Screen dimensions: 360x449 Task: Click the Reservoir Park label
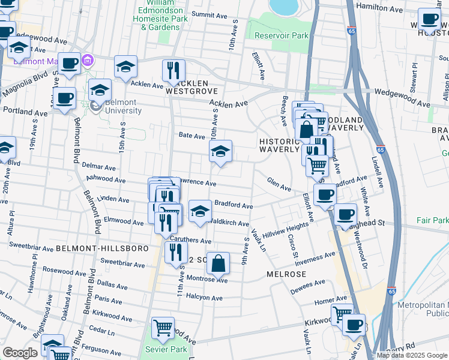coord(282,35)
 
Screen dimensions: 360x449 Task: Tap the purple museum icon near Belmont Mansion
coord(88,61)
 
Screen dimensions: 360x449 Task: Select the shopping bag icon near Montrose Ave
coord(220,262)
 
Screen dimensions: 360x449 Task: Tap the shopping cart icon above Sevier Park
coord(163,328)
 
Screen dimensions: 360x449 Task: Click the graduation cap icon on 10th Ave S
coord(221,151)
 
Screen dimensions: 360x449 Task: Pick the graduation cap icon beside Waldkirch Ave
coord(200,211)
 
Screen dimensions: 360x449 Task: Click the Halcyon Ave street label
coord(205,298)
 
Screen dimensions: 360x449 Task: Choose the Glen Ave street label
coord(279,184)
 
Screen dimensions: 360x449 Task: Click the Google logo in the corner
coord(20,353)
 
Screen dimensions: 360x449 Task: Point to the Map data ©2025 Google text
coord(412,355)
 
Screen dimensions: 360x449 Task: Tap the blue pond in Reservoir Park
coord(285,6)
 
